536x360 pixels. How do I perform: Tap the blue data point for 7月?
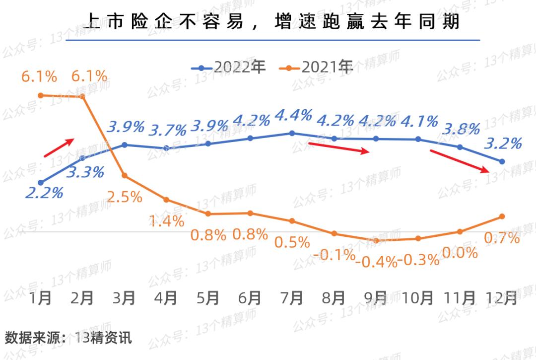(292, 133)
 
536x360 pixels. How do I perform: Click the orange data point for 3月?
(125, 176)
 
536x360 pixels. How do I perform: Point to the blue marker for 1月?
(41, 183)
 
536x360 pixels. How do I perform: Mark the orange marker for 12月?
(502, 216)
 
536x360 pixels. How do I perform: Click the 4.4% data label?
(293, 116)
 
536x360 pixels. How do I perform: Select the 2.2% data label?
(44, 193)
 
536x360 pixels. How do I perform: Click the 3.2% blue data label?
(503, 144)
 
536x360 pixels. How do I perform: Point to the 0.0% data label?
(460, 253)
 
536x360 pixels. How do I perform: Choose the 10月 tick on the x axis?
(418, 298)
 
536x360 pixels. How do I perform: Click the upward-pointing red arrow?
(60, 148)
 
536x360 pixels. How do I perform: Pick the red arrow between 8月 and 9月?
(339, 148)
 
